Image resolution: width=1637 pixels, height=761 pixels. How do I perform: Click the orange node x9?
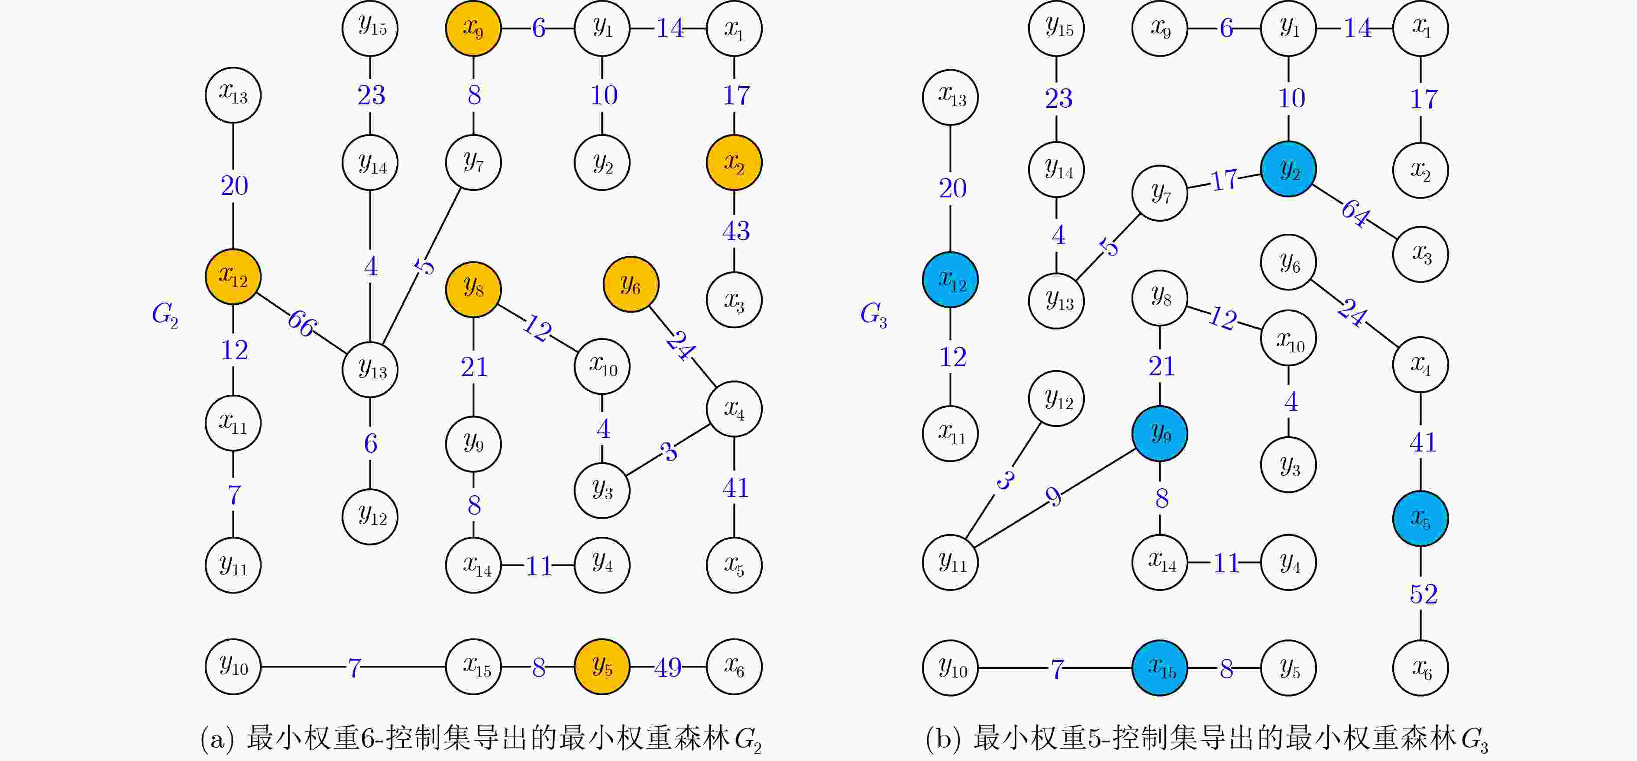click(473, 29)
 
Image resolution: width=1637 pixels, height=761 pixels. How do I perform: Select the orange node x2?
click(734, 163)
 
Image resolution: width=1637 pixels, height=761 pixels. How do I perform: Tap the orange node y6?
click(631, 284)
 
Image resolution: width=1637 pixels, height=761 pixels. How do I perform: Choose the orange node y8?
click(473, 289)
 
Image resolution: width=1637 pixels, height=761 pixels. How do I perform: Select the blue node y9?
click(1160, 434)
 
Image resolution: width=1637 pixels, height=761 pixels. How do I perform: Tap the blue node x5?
click(1420, 518)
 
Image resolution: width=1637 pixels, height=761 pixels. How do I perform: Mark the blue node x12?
click(950, 280)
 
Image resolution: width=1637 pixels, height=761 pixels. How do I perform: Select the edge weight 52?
click(1423, 594)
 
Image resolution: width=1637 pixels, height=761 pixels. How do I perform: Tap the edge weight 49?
click(668, 667)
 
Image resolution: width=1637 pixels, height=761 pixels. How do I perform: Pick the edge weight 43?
click(736, 231)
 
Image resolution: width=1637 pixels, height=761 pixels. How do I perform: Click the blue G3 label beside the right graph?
click(874, 314)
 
